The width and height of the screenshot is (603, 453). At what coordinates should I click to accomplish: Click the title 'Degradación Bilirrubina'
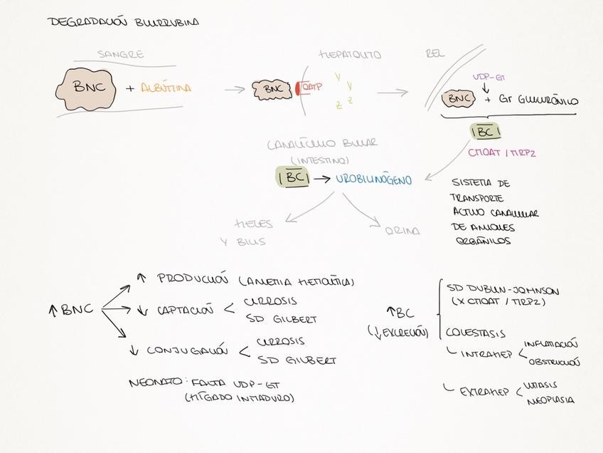123,22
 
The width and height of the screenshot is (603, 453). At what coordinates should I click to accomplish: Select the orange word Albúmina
166,89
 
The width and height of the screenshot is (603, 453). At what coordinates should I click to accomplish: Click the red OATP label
313,87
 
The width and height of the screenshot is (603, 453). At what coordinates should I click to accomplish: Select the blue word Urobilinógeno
374,181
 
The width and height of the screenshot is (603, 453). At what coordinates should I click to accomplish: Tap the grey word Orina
402,231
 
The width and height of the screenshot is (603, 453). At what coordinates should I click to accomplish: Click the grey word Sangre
121,55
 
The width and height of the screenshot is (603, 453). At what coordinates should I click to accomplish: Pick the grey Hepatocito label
351,54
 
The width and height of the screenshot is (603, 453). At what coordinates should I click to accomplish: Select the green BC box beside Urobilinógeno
292,178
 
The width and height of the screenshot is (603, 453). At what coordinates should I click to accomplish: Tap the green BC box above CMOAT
484,132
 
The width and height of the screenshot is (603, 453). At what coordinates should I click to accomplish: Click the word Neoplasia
550,400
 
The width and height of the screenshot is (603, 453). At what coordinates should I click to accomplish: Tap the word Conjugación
187,350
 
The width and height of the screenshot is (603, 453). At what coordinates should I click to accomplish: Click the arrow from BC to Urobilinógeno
322,179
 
